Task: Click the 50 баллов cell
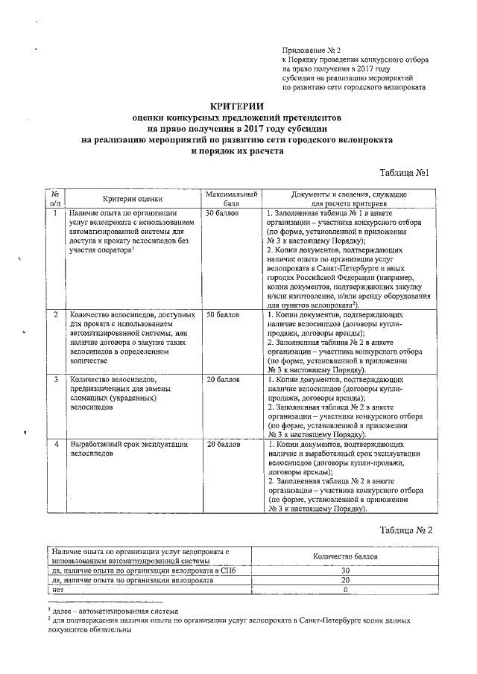(222, 315)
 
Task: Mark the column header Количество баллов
(345, 556)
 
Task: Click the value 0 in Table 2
(345, 589)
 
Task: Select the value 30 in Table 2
(345, 570)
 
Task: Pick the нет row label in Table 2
(57, 589)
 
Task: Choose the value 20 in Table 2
(345, 579)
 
